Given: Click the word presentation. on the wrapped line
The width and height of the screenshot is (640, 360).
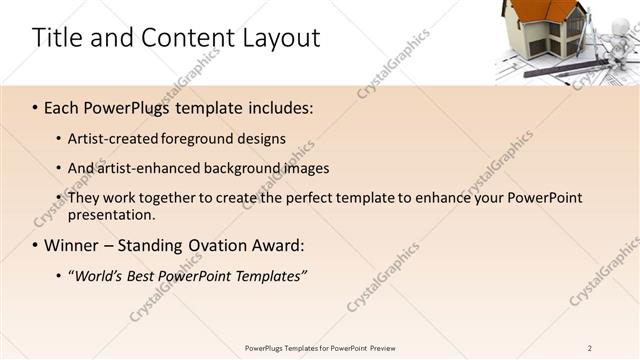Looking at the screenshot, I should (111, 214).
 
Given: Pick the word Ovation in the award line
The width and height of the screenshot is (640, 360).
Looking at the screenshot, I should (227, 245).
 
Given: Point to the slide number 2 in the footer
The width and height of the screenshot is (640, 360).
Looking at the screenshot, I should (589, 348).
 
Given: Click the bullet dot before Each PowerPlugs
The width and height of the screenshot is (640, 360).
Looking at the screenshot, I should (36, 108).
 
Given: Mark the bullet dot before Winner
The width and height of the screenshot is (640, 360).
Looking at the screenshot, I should (36, 245).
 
